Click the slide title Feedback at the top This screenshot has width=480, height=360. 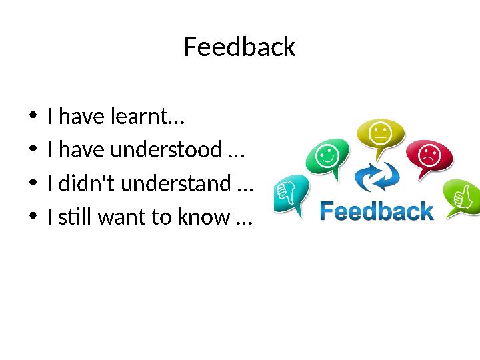239,47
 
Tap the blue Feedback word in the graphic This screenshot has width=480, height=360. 377,212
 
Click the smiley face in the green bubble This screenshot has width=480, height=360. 326,157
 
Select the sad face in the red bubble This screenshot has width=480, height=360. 429,156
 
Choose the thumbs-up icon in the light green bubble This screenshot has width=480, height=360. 461,196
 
